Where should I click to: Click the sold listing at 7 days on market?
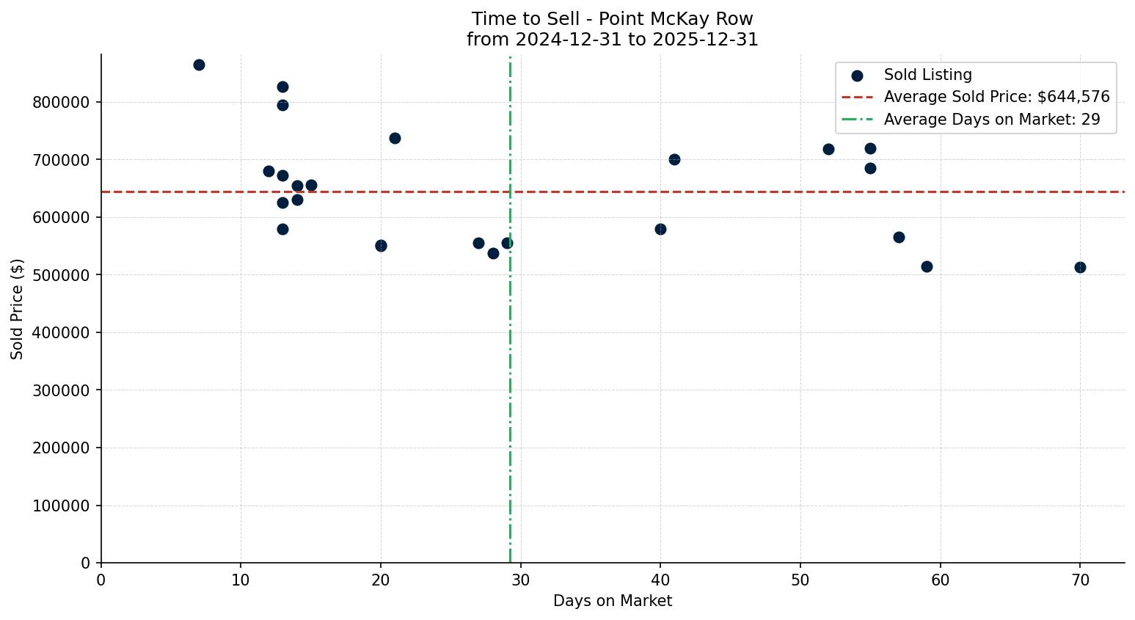click(199, 65)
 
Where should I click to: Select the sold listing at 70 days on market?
click(1080, 267)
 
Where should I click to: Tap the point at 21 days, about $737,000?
click(395, 138)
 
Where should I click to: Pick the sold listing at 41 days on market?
click(674, 159)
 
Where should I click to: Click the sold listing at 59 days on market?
click(927, 266)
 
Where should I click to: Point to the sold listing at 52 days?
click(828, 149)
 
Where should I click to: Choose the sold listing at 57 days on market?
click(899, 237)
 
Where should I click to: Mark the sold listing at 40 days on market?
click(660, 229)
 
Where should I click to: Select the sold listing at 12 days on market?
click(269, 171)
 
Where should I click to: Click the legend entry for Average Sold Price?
click(996, 97)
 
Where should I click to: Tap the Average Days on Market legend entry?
click(992, 120)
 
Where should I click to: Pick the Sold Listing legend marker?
click(857, 75)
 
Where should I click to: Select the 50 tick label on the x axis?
click(800, 580)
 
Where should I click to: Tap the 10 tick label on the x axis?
click(241, 580)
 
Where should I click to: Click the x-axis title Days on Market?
click(613, 601)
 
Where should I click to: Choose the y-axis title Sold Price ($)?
click(18, 309)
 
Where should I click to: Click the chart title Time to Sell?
click(613, 19)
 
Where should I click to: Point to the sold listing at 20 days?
click(381, 246)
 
